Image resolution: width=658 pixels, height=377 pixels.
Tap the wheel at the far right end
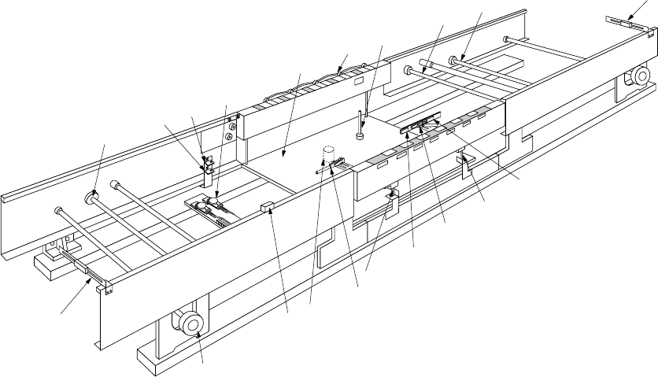tap(638, 76)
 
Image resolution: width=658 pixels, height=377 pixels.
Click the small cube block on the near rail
tap(265, 208)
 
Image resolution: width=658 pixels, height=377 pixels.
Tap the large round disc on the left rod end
tap(93, 193)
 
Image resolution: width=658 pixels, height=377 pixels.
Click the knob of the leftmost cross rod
tap(57, 210)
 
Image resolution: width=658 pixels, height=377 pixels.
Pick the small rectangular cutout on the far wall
tap(358, 80)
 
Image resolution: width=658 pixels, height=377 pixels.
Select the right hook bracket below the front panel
tap(467, 163)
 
